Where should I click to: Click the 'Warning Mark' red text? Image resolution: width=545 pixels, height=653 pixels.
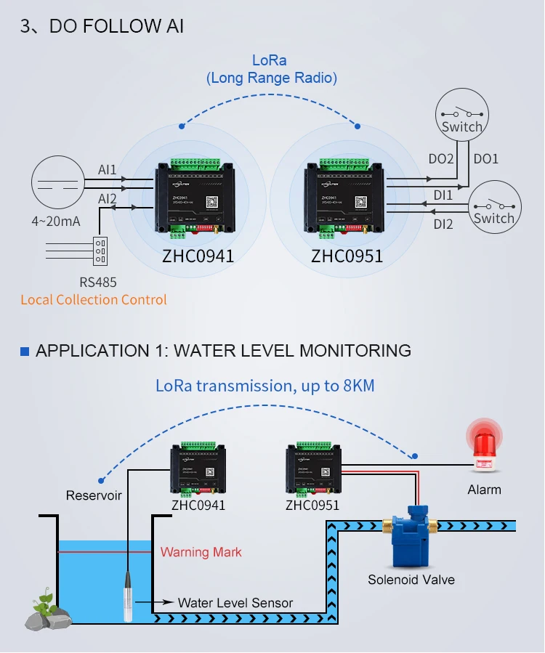tap(201, 552)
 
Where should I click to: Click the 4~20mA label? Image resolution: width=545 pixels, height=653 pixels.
tap(55, 221)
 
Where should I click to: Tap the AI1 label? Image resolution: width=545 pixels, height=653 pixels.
tap(108, 170)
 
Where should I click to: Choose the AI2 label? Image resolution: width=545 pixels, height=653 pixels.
tap(108, 198)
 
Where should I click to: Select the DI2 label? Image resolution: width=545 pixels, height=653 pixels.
tap(443, 224)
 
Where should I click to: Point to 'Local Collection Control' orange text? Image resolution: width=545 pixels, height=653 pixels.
tap(94, 300)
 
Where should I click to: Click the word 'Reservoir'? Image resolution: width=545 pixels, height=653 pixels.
tap(94, 495)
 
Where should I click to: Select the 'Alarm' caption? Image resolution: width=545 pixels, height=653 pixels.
tap(484, 490)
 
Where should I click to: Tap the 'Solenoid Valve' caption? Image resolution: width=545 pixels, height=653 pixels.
tap(411, 579)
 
